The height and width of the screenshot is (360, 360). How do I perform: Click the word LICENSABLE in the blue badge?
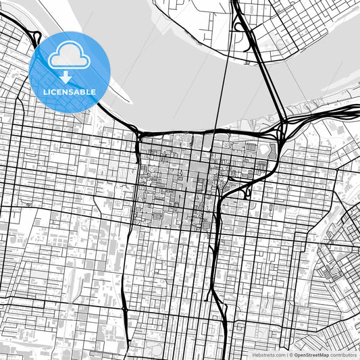(x=70, y=92)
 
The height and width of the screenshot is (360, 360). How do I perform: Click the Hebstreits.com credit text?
(x=267, y=355)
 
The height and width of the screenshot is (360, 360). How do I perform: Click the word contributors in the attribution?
(x=344, y=355)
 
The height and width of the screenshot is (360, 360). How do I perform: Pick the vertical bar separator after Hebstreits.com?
(x=286, y=355)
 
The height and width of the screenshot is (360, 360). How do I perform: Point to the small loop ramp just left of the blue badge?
(x=35, y=39)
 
